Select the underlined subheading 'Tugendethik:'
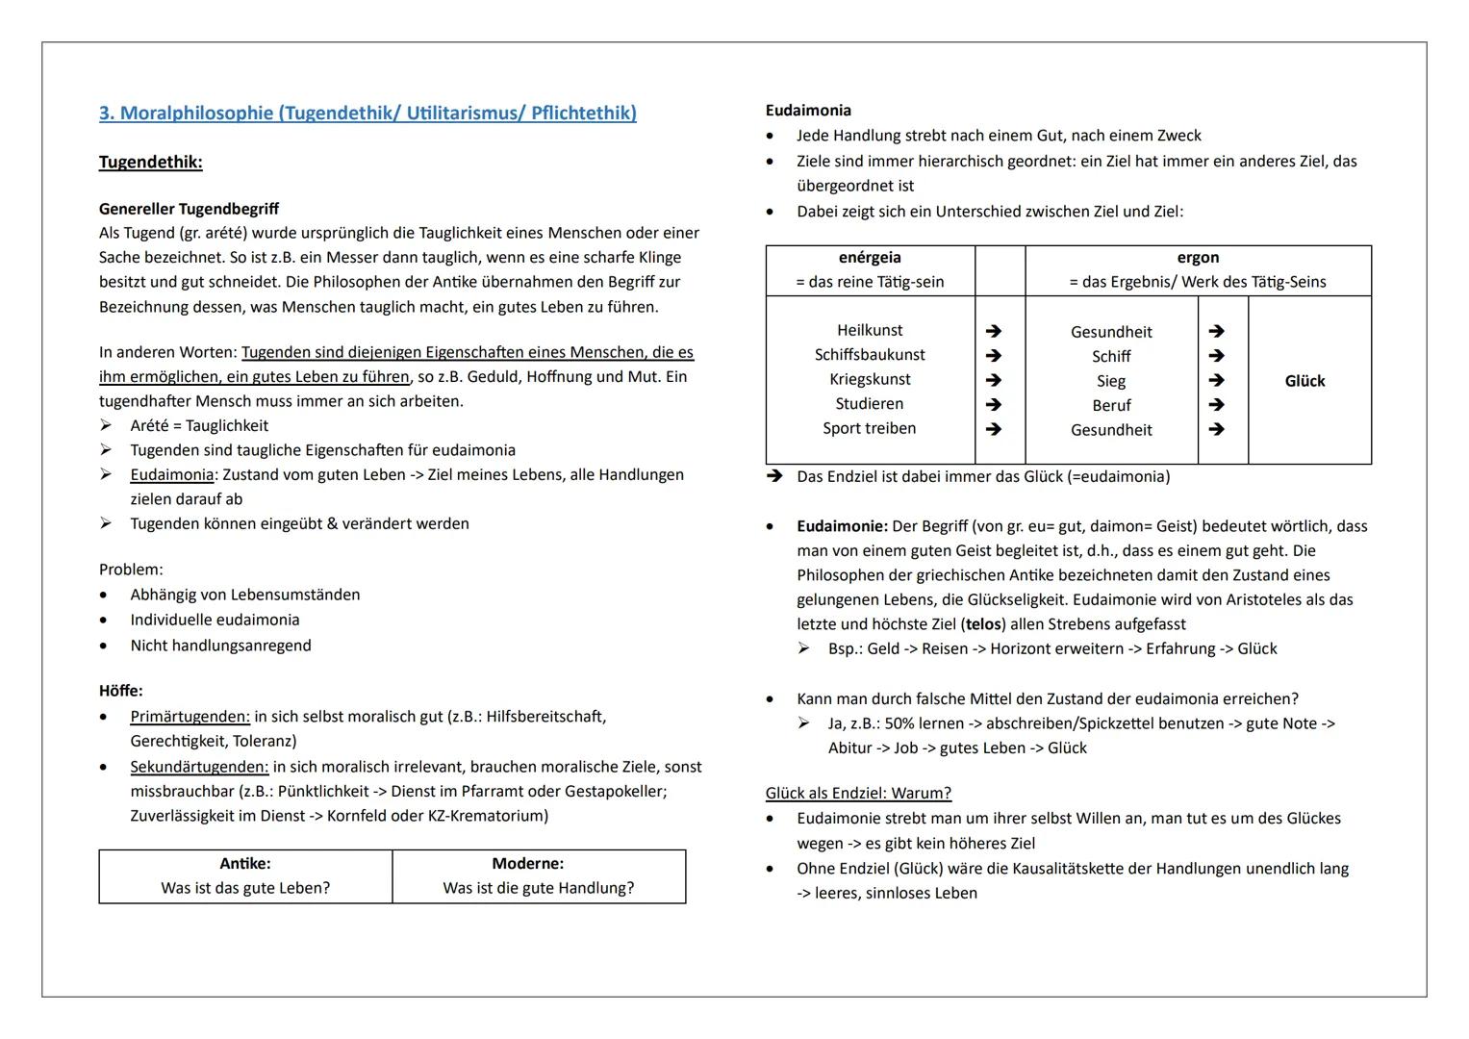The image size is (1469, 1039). point(150,162)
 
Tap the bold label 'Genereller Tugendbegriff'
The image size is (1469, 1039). point(189,209)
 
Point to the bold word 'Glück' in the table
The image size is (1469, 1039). point(1304,381)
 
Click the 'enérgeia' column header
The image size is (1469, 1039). point(870,258)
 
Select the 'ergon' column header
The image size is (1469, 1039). point(1198,258)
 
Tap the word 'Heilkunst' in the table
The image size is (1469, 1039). point(870,330)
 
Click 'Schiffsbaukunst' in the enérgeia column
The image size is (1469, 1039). point(870,355)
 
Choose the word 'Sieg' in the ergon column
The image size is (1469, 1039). point(1111,381)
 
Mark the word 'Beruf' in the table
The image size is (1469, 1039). point(1111,406)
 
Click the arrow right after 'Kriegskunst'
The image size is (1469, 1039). point(994,380)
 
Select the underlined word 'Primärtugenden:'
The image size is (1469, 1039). point(190,717)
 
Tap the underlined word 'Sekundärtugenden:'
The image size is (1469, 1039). point(199,767)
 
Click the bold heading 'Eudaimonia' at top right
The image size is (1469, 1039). point(808,111)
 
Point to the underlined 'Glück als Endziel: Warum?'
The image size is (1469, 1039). point(858,794)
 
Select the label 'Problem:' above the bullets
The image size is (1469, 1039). point(131,570)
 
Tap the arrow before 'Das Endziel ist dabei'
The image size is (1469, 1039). point(774,476)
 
